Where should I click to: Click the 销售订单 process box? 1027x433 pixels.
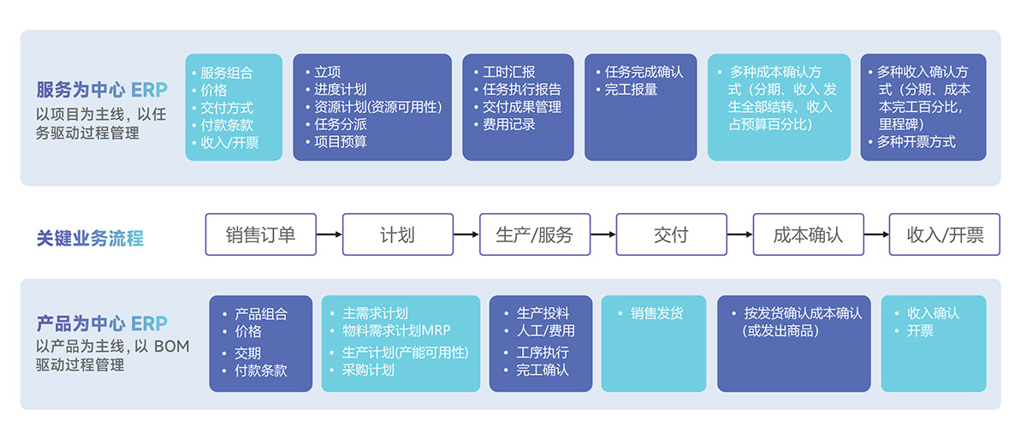tap(260, 234)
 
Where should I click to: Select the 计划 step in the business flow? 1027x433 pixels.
tap(397, 234)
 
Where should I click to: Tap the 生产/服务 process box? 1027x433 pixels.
tap(534, 234)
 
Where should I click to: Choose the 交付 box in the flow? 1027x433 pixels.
tap(671, 234)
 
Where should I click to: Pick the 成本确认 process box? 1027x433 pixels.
tap(808, 234)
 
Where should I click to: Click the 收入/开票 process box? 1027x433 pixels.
tap(945, 234)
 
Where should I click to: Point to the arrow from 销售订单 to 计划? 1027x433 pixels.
tap(329, 234)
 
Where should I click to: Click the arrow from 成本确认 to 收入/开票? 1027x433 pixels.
tap(876, 234)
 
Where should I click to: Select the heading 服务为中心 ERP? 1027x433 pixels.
tap(102, 90)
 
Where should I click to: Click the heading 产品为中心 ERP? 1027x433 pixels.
tap(102, 323)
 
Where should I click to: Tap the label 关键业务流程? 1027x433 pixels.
tap(90, 238)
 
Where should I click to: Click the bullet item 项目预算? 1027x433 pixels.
tap(341, 142)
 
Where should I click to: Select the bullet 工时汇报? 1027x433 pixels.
tap(508, 73)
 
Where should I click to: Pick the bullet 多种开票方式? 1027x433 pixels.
tap(916, 142)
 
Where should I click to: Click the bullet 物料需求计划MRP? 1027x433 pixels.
tap(396, 331)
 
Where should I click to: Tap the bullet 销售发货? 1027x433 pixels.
tap(656, 314)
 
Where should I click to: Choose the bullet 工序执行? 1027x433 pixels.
tap(543, 353)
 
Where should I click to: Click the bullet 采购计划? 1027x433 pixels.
tap(368, 370)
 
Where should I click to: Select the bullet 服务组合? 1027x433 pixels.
tap(227, 73)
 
